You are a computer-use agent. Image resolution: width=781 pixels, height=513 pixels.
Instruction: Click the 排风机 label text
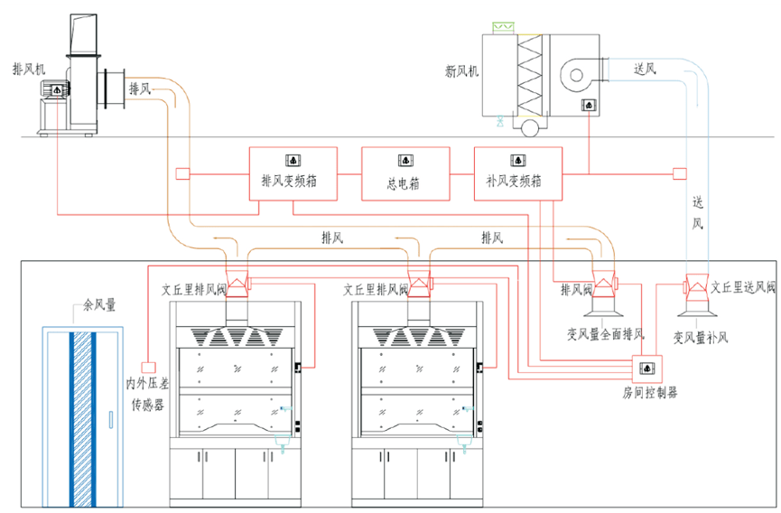click(28, 70)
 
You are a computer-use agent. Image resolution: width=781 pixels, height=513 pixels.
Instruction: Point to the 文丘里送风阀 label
click(741, 287)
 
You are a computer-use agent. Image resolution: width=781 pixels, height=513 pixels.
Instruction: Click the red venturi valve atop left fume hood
click(237, 286)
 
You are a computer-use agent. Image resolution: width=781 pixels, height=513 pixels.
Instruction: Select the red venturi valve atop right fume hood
click(418, 286)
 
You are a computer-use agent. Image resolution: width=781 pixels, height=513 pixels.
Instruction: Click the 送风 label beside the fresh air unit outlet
click(644, 69)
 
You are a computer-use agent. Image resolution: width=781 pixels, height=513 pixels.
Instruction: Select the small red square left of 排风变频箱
click(181, 173)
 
